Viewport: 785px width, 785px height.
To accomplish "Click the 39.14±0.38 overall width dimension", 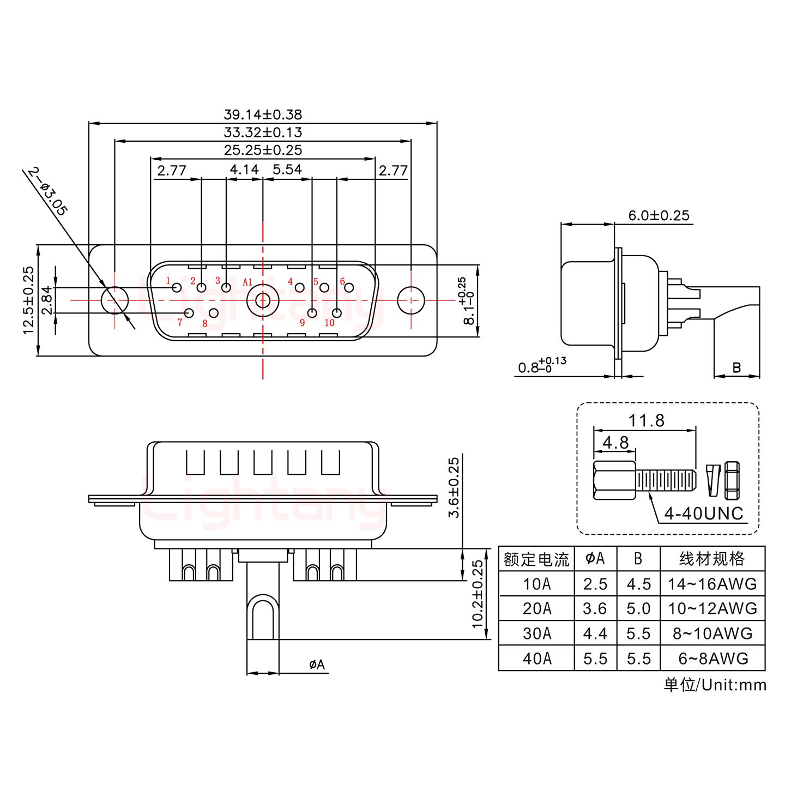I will coord(262,114).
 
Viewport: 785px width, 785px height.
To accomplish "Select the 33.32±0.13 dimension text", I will coord(262,132).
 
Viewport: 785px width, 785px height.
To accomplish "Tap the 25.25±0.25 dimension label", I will coord(262,150).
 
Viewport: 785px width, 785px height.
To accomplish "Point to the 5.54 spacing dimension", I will coord(287,170).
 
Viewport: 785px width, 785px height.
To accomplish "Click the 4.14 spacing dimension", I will coord(244,170).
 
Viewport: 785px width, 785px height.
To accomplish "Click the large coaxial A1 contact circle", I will coord(262,300).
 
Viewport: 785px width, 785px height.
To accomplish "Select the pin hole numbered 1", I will coord(177,287).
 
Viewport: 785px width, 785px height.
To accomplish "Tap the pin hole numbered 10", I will coord(337,313).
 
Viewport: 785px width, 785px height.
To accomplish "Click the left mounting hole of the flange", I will coord(114,300).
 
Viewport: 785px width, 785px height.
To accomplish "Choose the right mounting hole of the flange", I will coord(410,300).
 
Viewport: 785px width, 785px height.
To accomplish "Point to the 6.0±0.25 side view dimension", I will coord(659,215).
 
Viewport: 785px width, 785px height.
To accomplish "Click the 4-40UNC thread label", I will coord(703,514).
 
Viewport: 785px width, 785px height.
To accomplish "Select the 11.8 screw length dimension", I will coord(646,420).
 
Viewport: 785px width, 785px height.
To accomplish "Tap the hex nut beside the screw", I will coord(732,480).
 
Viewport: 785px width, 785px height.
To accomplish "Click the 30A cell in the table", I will coord(536,633).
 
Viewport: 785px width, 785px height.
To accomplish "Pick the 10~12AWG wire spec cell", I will coord(712,608).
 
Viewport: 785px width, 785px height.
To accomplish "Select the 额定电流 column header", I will coord(536,559).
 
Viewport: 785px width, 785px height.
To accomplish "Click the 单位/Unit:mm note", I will coord(715,685).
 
